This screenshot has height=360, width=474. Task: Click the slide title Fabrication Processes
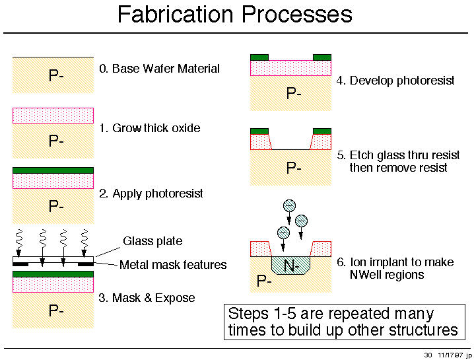coord(235,15)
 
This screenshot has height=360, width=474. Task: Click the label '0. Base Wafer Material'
coord(159,69)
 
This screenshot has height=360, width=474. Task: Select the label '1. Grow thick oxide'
coord(150,128)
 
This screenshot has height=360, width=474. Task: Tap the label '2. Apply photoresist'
coord(151,194)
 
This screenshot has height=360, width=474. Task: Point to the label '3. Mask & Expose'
coord(147,298)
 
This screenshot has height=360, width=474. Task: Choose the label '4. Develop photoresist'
coord(395,81)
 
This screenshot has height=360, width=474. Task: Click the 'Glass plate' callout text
coord(152,241)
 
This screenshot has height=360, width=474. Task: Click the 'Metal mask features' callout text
coord(173,265)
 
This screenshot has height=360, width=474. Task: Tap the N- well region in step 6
coord(291,266)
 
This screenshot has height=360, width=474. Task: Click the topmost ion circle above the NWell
coord(289,205)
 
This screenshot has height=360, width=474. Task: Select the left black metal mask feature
coord(20,264)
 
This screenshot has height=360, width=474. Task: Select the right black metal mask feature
coord(86,264)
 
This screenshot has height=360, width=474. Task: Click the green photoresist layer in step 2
coord(53,170)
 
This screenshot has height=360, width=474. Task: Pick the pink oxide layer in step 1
coord(53,116)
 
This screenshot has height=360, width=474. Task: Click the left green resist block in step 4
coord(259,57)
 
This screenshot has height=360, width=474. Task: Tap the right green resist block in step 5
coord(322,131)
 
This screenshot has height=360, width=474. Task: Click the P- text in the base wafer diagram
coord(56,75)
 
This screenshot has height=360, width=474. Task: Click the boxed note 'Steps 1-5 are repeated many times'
coord(345,322)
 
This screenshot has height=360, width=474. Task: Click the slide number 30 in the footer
coord(428,355)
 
